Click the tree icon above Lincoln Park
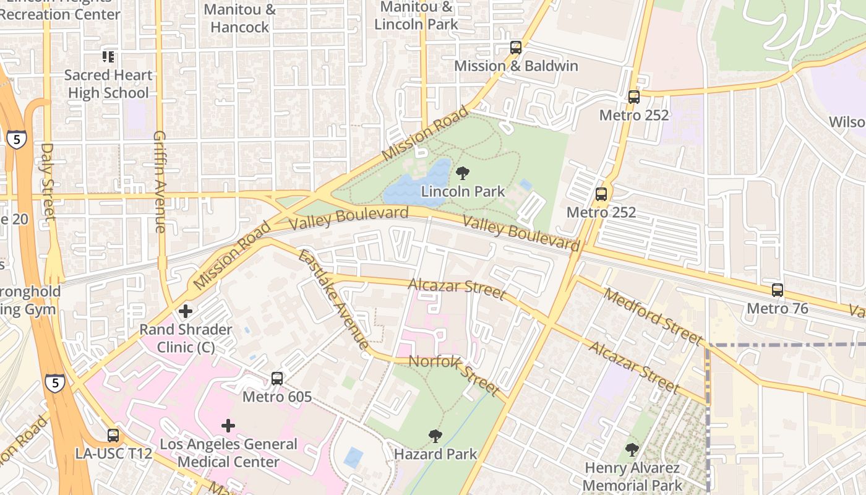[x=462, y=173]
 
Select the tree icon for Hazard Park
[x=435, y=436]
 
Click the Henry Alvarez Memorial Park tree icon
[x=632, y=450]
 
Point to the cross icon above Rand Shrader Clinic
[x=185, y=311]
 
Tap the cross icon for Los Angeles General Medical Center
[x=228, y=426]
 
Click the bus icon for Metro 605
[x=277, y=378]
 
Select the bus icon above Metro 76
[x=777, y=290]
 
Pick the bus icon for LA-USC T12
[x=113, y=435]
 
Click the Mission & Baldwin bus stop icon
[x=515, y=48]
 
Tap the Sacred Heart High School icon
[x=108, y=57]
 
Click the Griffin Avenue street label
[x=160, y=181]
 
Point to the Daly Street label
[x=48, y=181]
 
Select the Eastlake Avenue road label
[x=333, y=299]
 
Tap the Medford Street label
[x=653, y=316]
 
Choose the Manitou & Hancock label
[x=239, y=19]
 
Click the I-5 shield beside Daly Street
[x=17, y=139]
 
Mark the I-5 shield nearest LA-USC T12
[x=54, y=383]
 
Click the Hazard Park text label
[x=435, y=454]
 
